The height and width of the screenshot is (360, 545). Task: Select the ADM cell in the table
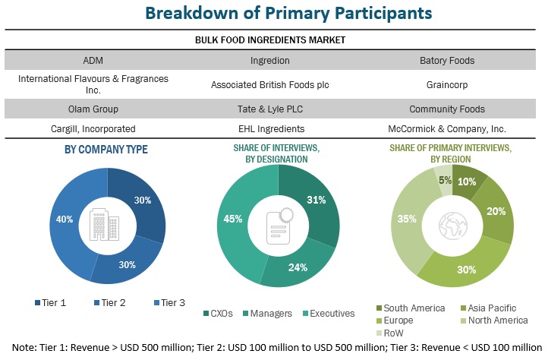[93, 60]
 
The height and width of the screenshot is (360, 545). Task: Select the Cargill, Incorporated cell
[93, 129]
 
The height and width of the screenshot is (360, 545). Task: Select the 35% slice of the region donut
[406, 220]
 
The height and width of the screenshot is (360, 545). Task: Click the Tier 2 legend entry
[112, 302]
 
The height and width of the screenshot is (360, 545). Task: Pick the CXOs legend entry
[218, 312]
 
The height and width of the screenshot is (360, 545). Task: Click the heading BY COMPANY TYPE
[106, 150]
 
